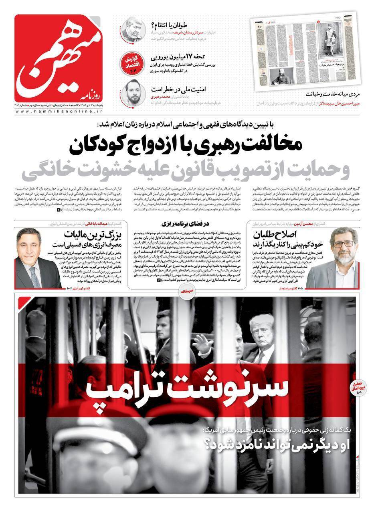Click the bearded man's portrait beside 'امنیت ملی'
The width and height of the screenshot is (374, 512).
[x=133, y=92]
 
